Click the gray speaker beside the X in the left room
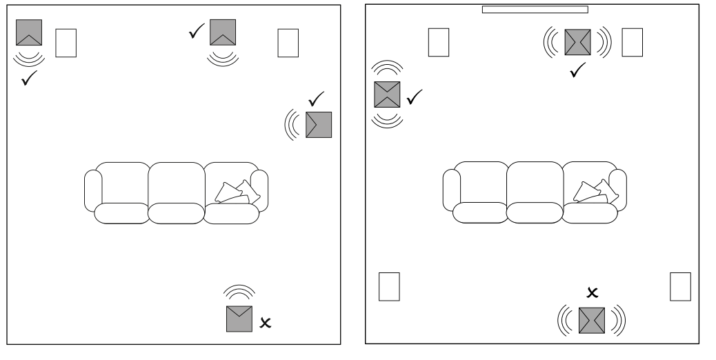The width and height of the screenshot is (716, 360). pyautogui.click(x=239, y=319)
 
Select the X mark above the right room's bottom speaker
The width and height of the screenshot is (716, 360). pyautogui.click(x=591, y=293)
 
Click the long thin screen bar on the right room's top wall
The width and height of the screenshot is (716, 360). pyautogui.click(x=535, y=10)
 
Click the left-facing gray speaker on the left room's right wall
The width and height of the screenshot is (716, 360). pyautogui.click(x=319, y=124)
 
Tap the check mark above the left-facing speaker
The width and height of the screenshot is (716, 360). pyautogui.click(x=317, y=99)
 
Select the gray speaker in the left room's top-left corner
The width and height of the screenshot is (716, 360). pyautogui.click(x=29, y=32)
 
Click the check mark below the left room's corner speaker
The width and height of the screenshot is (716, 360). pyautogui.click(x=29, y=79)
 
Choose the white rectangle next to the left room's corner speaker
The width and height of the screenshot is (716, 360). pyautogui.click(x=66, y=43)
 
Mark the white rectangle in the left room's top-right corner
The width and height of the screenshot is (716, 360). pyautogui.click(x=288, y=43)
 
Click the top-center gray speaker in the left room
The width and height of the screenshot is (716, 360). pyautogui.click(x=223, y=32)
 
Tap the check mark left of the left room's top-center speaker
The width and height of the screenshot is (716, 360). pyautogui.click(x=197, y=31)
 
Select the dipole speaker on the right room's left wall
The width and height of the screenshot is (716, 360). pyautogui.click(x=387, y=94)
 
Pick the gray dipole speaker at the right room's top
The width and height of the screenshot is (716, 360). pyautogui.click(x=578, y=43)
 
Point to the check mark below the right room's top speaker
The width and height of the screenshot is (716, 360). pyautogui.click(x=578, y=69)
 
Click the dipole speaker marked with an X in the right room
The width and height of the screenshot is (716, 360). pyautogui.click(x=591, y=320)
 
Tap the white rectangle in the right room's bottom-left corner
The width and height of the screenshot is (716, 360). pyautogui.click(x=389, y=286)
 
